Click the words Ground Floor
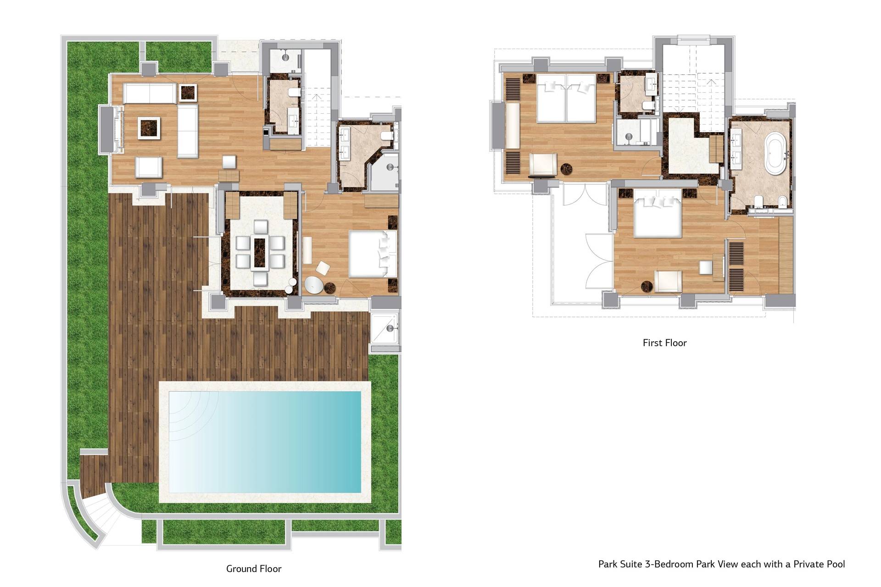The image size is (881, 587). [x=254, y=569]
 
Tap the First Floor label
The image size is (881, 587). [x=664, y=343]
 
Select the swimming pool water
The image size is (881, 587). [x=265, y=442]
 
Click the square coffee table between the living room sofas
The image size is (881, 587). [x=150, y=127]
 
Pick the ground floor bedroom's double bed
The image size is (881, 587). [x=373, y=254]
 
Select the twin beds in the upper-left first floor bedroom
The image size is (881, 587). [x=566, y=98]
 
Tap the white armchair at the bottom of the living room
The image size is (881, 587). [x=149, y=167]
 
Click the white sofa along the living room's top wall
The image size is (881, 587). [x=150, y=93]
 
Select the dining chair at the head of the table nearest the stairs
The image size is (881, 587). [x=260, y=227]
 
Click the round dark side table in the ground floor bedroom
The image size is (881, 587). [x=330, y=288]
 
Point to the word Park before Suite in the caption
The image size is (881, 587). [x=608, y=564]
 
